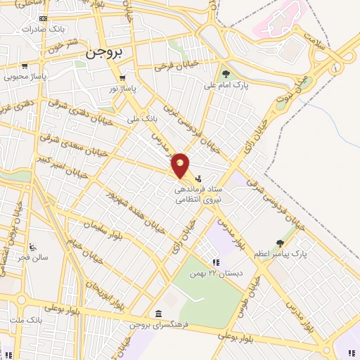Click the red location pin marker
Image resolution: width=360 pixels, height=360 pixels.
(x=181, y=165)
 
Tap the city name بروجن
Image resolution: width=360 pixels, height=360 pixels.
(x=105, y=53)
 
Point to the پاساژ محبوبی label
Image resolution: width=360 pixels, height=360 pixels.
(x=25, y=76)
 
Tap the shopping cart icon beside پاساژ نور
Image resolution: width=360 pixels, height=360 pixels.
(x=123, y=78)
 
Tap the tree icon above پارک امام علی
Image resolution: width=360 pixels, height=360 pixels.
(x=226, y=74)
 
